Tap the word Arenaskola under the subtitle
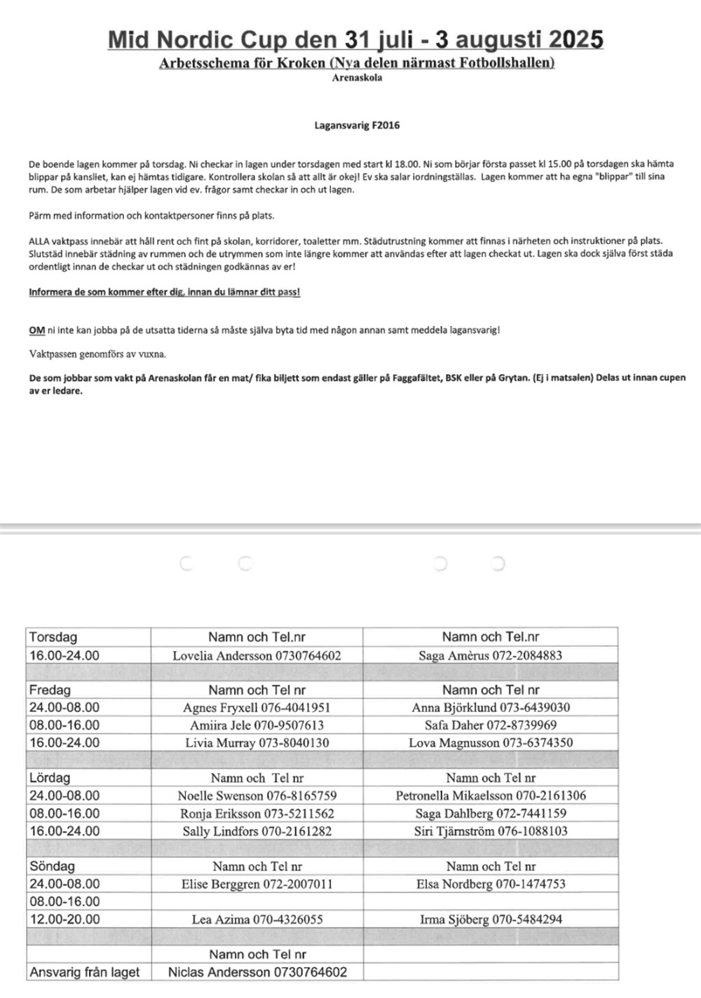(x=357, y=78)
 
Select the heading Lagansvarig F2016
(x=357, y=125)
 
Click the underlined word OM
(x=37, y=329)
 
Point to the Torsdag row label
(x=53, y=637)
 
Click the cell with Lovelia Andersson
(x=257, y=656)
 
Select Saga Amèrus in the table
(x=490, y=656)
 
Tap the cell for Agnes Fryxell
(x=257, y=708)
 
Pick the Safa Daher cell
(x=490, y=725)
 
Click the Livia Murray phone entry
(x=257, y=743)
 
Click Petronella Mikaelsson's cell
(x=490, y=796)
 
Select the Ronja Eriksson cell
(x=257, y=814)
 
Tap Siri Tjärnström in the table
(x=490, y=831)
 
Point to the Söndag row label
(x=52, y=866)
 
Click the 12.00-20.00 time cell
(x=64, y=920)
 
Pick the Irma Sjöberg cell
(x=490, y=920)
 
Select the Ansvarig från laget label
(x=84, y=972)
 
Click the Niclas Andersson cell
(x=257, y=972)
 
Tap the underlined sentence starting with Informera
(x=165, y=292)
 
